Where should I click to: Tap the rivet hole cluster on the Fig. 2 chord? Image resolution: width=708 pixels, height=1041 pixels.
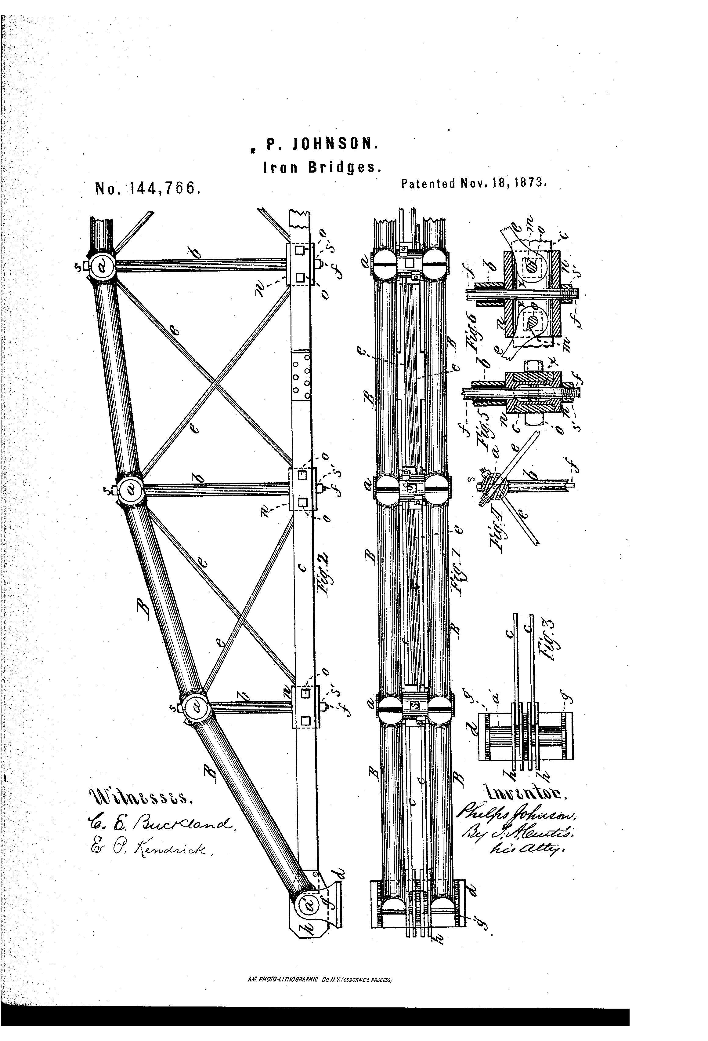(x=301, y=375)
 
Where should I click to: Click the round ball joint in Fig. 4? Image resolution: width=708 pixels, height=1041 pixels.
(x=494, y=486)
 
